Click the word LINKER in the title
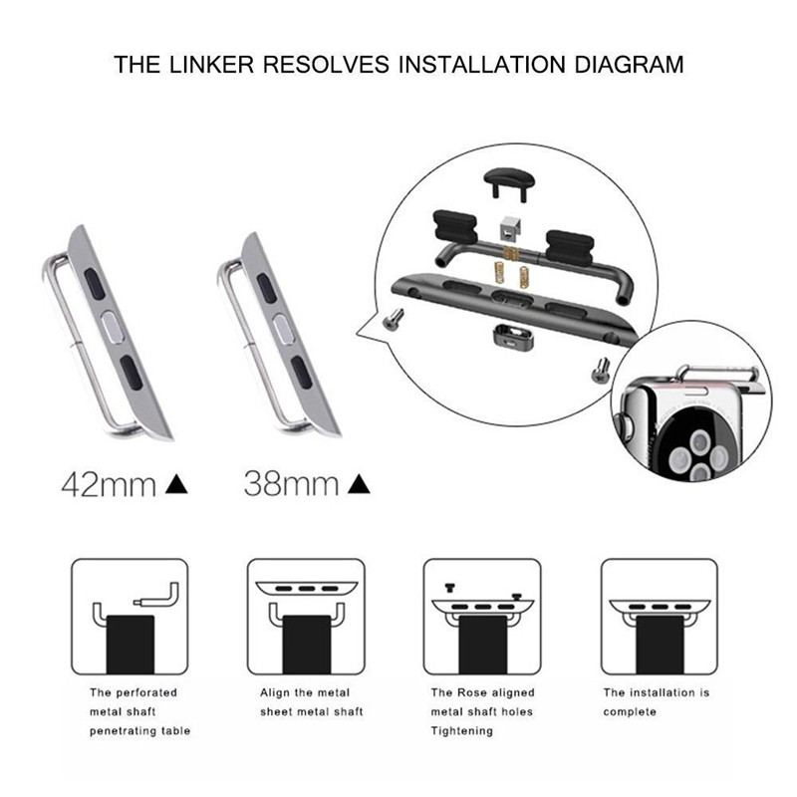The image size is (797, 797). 211,65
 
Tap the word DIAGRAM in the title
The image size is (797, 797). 629,65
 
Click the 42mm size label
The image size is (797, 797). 109,484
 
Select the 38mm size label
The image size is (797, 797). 291,484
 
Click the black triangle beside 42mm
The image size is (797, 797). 176,484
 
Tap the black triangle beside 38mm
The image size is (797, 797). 359,484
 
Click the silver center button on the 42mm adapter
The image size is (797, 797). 113,327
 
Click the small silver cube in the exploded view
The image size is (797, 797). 510,228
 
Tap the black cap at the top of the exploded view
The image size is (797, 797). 509,185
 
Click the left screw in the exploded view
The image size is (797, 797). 394,319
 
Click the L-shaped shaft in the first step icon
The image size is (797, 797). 158,596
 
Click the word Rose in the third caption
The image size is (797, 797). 471,692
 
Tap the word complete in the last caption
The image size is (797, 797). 630,712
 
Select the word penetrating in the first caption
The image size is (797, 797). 120,731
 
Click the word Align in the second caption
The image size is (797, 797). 275,693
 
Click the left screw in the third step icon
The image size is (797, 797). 450,588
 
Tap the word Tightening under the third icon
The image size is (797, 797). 462,731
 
